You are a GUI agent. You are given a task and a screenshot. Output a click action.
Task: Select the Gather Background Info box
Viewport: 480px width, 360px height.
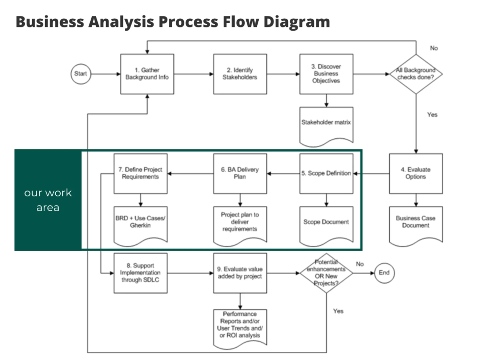[147, 73]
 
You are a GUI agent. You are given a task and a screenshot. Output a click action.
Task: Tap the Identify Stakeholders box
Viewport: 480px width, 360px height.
[240, 73]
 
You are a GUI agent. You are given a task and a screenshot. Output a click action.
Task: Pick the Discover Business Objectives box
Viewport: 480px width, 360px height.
[326, 73]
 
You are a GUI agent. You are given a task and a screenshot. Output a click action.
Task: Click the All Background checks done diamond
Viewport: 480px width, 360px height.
[416, 73]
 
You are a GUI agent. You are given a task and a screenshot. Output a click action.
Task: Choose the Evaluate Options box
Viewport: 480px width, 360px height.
[416, 173]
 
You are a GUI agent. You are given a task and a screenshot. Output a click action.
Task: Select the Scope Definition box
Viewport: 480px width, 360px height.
[326, 173]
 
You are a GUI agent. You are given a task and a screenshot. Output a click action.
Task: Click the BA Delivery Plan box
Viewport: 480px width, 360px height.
[240, 173]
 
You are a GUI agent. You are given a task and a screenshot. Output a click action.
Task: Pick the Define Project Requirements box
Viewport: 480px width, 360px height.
[140, 173]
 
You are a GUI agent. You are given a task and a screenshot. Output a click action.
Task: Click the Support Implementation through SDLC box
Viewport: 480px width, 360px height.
[140, 273]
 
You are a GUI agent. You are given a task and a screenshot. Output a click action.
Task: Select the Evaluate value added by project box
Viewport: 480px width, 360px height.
[240, 273]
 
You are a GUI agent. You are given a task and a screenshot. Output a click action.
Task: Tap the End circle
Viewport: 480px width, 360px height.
[384, 273]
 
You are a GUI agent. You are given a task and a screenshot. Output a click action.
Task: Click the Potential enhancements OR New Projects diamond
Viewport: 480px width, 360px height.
[326, 273]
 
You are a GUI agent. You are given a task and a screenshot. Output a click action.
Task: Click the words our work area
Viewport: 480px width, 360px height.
[48, 200]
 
